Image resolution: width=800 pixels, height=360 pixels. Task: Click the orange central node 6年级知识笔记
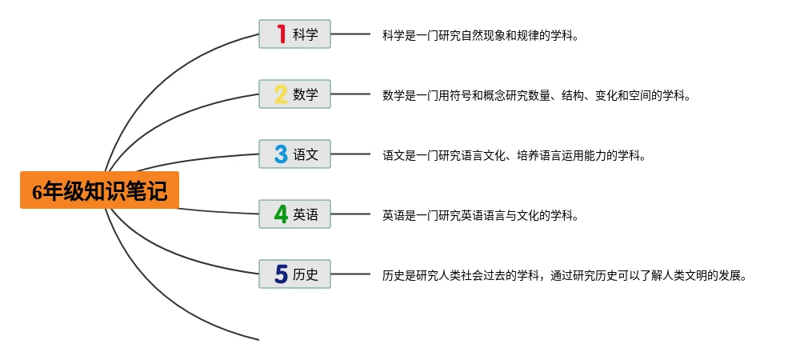tap(100, 190)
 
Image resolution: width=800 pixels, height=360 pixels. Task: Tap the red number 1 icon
tap(281, 34)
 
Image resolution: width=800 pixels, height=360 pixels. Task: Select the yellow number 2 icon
tap(281, 94)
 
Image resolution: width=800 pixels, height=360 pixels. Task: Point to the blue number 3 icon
tap(281, 154)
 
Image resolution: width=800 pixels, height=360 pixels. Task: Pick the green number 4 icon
tap(281, 214)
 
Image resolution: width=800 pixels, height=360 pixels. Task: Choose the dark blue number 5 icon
tap(281, 274)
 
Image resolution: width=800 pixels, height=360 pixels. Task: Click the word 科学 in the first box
tap(306, 34)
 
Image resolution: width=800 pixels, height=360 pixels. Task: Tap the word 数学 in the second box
tap(306, 94)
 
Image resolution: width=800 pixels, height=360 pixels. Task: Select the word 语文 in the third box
tap(306, 154)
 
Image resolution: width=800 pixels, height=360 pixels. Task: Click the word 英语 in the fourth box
tap(306, 214)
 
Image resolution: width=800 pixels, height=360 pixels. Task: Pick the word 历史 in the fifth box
tap(306, 274)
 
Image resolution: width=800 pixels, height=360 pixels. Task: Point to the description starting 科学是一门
tap(480, 35)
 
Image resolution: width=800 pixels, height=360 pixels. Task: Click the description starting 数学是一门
tap(536, 95)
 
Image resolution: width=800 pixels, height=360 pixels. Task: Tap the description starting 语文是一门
tap(514, 155)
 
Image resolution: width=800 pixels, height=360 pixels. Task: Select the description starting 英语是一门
tap(480, 215)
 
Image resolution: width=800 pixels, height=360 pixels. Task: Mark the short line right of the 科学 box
tap(350, 34)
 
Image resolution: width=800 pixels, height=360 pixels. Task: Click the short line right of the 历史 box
tap(350, 274)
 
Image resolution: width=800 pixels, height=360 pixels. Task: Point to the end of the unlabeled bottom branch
tap(257, 339)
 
